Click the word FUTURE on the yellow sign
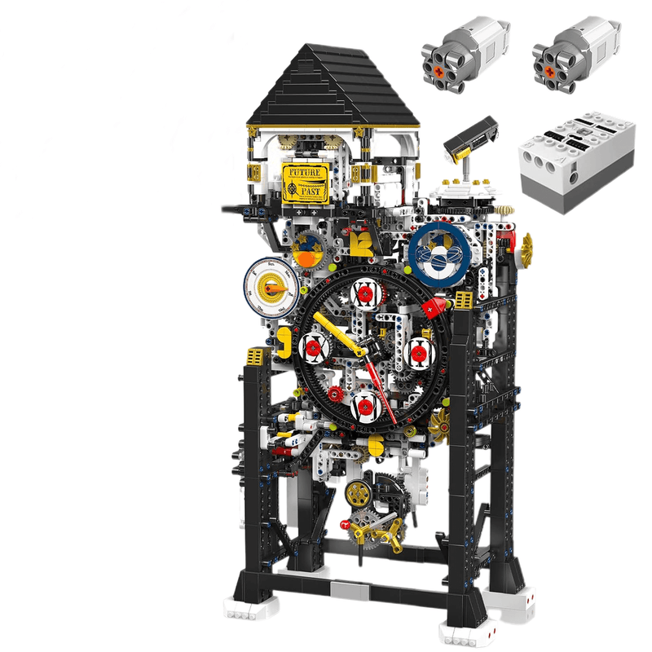coord(306,172)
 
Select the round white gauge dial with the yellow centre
coord(267,289)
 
